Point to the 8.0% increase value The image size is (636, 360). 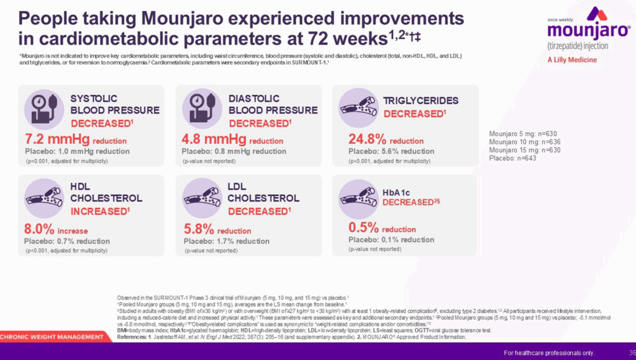56,229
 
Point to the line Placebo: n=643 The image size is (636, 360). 512,158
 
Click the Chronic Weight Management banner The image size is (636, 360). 52,337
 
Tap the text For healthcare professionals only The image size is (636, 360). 549,353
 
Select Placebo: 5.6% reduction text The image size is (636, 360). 391,151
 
